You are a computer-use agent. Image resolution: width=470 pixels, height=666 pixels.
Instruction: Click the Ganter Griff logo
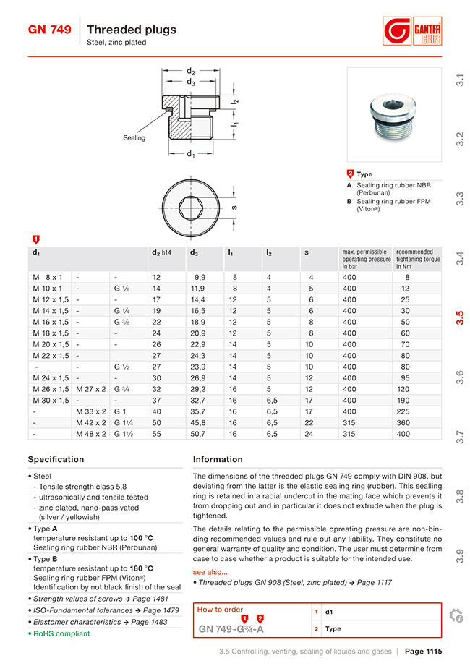(412, 33)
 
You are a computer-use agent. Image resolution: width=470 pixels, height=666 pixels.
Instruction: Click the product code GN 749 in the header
(49, 30)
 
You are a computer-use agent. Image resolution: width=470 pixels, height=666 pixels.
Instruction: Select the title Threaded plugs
(132, 30)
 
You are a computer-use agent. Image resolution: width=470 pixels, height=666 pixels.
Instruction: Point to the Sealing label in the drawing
(134, 137)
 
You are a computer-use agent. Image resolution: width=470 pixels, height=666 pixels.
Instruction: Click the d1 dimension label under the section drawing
(190, 155)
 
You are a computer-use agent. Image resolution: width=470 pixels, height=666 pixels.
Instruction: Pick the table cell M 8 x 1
(48, 277)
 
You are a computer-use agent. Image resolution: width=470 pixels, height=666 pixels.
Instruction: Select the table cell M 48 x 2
(91, 434)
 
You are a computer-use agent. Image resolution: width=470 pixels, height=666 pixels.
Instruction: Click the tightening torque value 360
(403, 423)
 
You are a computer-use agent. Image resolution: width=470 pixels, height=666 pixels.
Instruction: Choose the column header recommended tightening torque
(417, 259)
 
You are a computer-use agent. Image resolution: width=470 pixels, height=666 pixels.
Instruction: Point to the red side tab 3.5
(459, 318)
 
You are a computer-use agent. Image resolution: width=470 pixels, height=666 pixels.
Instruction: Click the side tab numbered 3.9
(459, 555)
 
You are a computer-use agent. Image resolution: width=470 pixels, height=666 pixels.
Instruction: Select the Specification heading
(56, 459)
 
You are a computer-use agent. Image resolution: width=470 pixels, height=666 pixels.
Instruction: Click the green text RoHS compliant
(61, 633)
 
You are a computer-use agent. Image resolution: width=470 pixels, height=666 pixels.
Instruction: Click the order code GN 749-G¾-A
(231, 629)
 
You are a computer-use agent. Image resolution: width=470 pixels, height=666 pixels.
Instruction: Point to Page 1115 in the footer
(423, 652)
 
